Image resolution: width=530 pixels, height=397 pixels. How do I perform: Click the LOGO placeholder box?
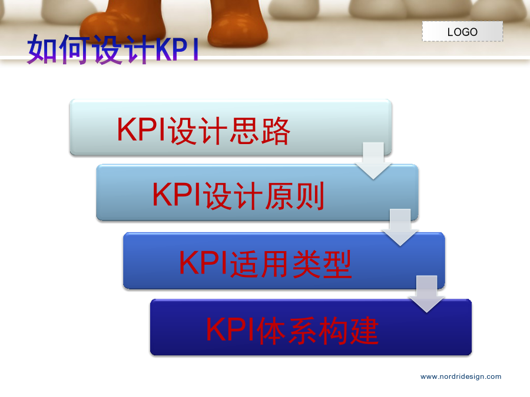pos(462,31)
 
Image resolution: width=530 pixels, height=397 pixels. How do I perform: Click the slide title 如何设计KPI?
pos(113,49)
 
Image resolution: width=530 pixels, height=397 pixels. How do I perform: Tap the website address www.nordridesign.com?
pos(461,377)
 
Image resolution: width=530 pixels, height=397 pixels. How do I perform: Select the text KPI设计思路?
pos(204,131)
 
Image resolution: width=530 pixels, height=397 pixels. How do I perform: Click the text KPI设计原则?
pos(238,195)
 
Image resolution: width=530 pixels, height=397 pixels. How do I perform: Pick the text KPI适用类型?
pos(266,263)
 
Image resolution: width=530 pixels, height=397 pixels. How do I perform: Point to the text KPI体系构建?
pos(292,331)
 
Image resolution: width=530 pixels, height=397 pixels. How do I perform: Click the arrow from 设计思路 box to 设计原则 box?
pos(373,161)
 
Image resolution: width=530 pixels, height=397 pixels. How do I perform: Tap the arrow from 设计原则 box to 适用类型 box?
pos(400,227)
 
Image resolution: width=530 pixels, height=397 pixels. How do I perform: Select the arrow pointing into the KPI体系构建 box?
pos(426,294)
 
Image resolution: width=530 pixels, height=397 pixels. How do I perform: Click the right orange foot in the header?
pos(237,23)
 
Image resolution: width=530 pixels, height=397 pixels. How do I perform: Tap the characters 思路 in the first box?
pos(260,131)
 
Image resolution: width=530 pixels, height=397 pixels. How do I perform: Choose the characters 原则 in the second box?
pos(294,196)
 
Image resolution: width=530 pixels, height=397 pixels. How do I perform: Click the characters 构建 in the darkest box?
pos(349,331)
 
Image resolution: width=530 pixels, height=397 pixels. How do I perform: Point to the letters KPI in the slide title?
pos(177,49)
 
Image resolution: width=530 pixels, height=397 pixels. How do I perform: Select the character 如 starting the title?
pos(42,49)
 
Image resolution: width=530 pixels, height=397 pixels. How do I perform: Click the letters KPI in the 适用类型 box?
pos(204,263)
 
